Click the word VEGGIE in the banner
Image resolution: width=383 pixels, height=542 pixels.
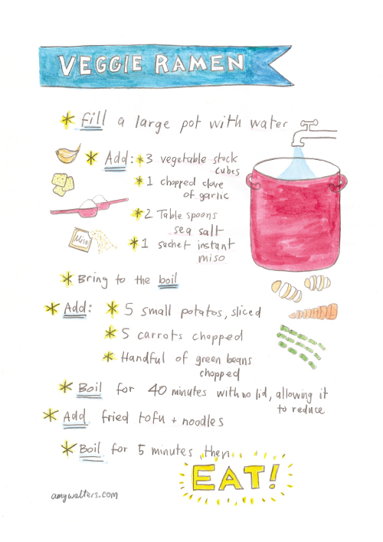click(100, 64)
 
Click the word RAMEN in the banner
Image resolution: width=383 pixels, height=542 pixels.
click(200, 64)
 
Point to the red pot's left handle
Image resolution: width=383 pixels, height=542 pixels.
click(254, 182)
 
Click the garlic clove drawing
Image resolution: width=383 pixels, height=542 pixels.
click(68, 154)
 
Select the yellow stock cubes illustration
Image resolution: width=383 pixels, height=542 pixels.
click(63, 184)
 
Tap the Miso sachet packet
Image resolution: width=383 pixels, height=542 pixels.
click(80, 239)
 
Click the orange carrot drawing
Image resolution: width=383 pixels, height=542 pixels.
click(313, 312)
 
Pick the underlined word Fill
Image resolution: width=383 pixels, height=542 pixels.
click(93, 119)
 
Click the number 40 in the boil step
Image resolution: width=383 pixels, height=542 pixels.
click(158, 390)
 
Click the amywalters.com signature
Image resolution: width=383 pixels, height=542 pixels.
click(84, 495)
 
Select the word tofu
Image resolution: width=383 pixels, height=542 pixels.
click(152, 418)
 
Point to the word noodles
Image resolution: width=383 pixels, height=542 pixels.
click(203, 421)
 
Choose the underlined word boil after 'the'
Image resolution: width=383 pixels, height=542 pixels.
click(169, 279)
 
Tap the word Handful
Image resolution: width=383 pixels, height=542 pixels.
click(143, 357)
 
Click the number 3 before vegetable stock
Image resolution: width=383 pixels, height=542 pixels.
click(149, 159)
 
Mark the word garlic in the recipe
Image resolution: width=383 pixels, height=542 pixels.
click(214, 196)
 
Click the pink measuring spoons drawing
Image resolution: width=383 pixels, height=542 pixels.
click(90, 206)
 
